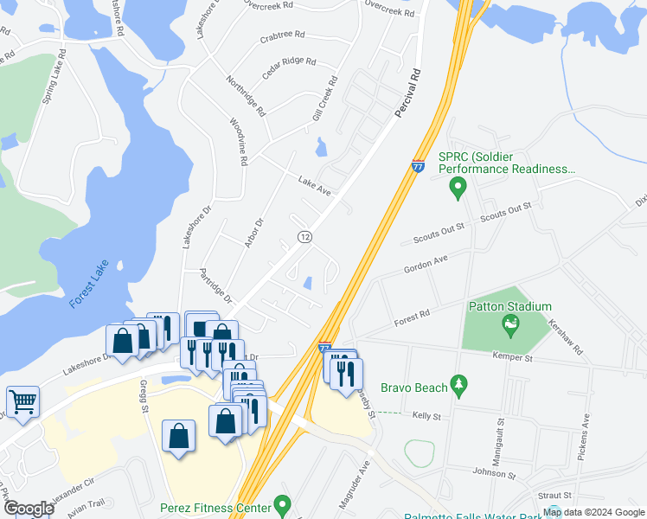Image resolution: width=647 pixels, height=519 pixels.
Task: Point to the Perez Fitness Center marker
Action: point(280,503)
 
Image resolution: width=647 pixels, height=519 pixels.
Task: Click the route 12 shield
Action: point(304,236)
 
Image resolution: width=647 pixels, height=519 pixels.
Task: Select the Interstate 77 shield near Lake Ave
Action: point(418,166)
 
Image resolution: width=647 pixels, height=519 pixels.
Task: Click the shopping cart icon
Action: point(22,401)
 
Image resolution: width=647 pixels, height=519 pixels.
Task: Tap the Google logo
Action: point(28,509)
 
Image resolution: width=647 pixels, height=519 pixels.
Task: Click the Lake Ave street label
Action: point(315,184)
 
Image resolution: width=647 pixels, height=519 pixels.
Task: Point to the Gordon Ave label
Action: point(426,264)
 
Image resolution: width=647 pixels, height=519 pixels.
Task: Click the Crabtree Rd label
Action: point(282,36)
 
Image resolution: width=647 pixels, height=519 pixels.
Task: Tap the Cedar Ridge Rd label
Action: point(289,66)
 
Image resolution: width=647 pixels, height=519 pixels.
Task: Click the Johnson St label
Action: point(494,474)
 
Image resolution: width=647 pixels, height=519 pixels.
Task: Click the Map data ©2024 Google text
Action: point(593,512)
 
